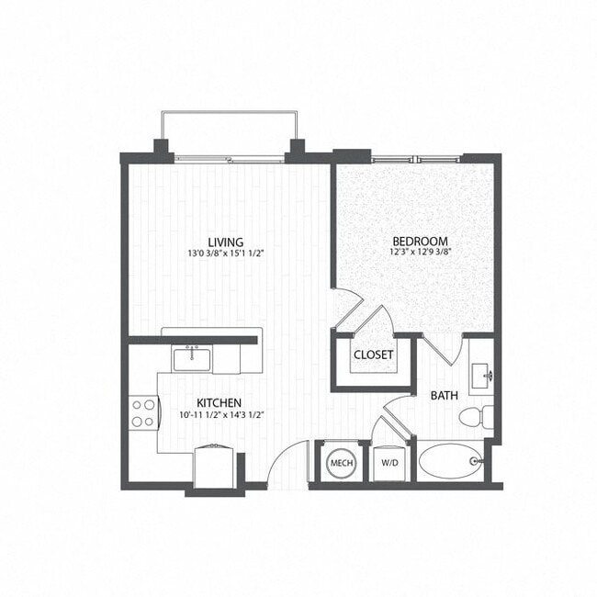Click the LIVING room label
225,242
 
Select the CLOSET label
374,355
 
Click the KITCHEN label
219,403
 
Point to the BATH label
445,396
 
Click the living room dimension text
225,255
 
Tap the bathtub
450,462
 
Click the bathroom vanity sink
484,376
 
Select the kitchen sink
193,357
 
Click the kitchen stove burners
143,412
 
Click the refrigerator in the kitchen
216,466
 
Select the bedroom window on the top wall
417,160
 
